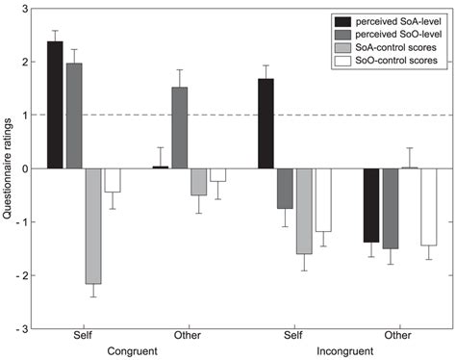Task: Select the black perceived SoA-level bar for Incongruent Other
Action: click(370, 205)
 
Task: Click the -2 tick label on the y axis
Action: click(20, 275)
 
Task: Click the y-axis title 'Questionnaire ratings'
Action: click(8, 168)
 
